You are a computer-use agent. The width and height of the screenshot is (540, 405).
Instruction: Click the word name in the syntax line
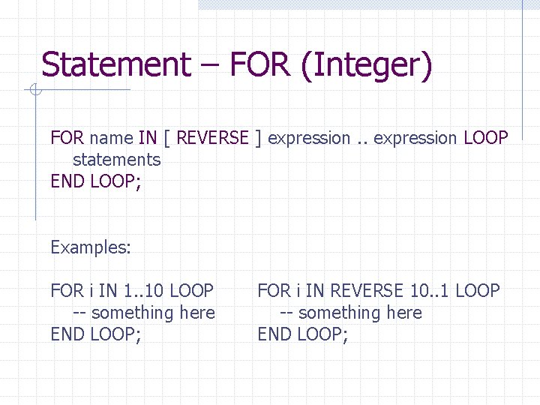coord(111,138)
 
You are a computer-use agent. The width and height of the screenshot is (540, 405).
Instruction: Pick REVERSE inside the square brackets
coord(212,138)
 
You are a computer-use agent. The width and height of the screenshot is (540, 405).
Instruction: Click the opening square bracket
coord(167,139)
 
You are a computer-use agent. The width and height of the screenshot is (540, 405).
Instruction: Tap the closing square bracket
coord(258,139)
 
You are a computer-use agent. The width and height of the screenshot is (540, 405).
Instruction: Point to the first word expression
coord(309,139)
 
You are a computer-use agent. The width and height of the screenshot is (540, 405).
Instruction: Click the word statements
coord(116,160)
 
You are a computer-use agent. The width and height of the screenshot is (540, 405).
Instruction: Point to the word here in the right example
coord(403,312)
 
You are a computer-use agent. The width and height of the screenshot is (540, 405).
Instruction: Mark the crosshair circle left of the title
coord(34,91)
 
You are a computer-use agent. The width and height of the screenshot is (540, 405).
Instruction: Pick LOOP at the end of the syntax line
coord(486,138)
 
